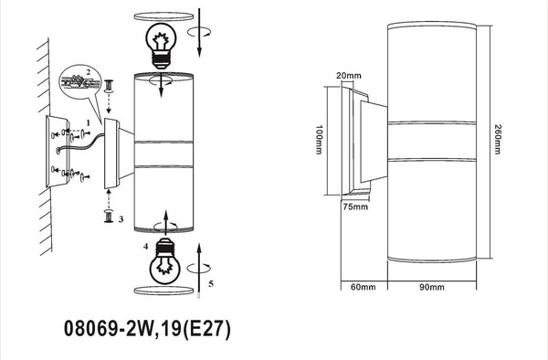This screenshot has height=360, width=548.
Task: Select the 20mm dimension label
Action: point(345,75)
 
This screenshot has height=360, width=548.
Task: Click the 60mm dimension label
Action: point(363,287)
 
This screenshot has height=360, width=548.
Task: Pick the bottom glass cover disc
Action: point(163,290)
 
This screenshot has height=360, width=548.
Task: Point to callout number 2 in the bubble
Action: point(88,70)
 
